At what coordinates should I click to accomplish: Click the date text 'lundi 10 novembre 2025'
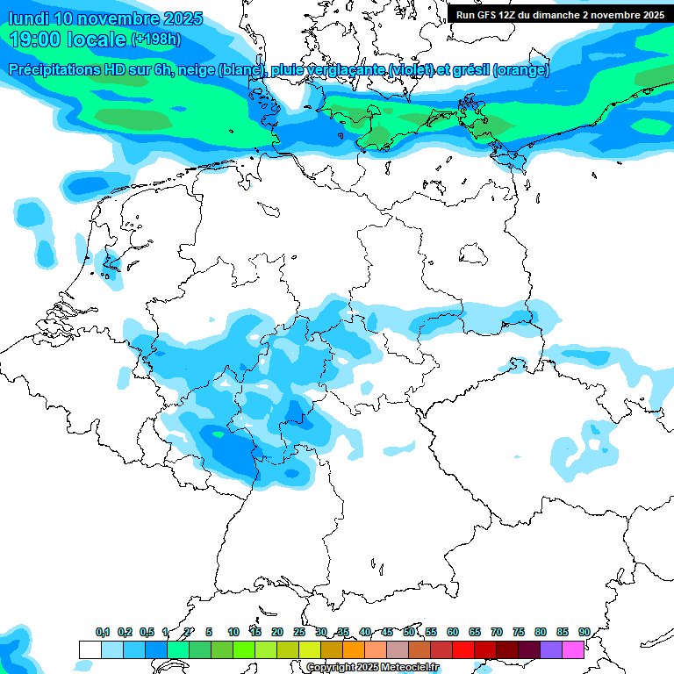click(105, 18)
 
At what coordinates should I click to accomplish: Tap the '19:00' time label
click(35, 39)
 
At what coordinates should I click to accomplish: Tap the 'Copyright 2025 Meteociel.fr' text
click(372, 668)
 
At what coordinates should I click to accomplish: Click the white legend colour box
click(90, 649)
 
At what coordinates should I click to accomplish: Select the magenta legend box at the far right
click(573, 649)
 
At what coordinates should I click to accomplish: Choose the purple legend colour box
click(551, 649)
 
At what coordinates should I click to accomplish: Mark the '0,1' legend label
click(103, 632)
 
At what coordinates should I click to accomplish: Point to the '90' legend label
click(584, 632)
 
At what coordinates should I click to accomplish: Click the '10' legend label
click(233, 632)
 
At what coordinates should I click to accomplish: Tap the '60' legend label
click(453, 632)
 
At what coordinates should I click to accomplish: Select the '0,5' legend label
click(147, 632)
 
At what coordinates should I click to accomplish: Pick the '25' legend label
click(299, 632)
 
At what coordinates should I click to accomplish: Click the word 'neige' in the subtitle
click(196, 70)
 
